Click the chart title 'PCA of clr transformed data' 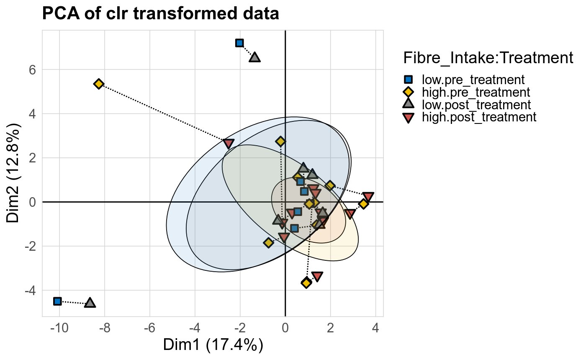pos(160,14)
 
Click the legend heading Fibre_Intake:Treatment pos(488,58)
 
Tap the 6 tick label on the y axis pos(32,69)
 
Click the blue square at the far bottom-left pos(58,301)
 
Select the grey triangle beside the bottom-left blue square pos(90,303)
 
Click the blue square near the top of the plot pos(239,43)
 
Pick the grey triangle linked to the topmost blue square pos(255,57)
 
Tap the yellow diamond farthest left pos(99,84)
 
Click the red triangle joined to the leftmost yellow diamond pos(229,144)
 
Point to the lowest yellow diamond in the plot pos(306,283)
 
